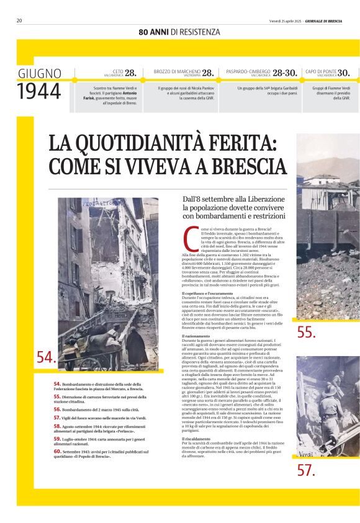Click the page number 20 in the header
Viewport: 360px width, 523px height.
point(19,20)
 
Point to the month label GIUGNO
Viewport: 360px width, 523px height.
point(39,73)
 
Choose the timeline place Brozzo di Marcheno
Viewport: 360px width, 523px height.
point(177,71)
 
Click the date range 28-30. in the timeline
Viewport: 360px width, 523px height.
point(286,73)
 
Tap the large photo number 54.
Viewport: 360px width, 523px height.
point(46,357)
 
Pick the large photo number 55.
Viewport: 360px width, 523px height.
point(307,333)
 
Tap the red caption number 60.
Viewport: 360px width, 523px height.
point(56,451)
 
